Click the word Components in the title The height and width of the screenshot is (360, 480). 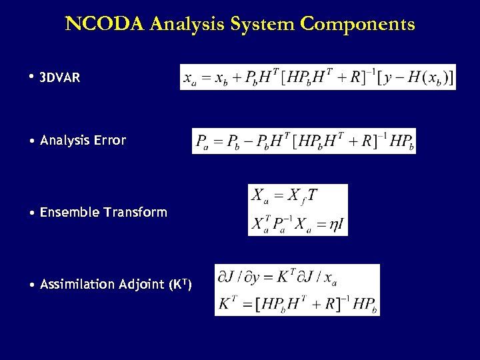click(x=357, y=25)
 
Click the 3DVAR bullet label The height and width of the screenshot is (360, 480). click(x=59, y=78)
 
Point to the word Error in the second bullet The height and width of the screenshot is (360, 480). click(x=110, y=141)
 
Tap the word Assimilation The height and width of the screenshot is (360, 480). click(x=77, y=285)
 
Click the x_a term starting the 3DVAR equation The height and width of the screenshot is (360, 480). click(x=191, y=79)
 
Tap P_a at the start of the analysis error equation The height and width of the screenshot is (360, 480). click(x=202, y=142)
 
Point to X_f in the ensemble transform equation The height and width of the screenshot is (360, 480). click(x=296, y=197)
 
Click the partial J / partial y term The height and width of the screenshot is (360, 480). click(x=239, y=277)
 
